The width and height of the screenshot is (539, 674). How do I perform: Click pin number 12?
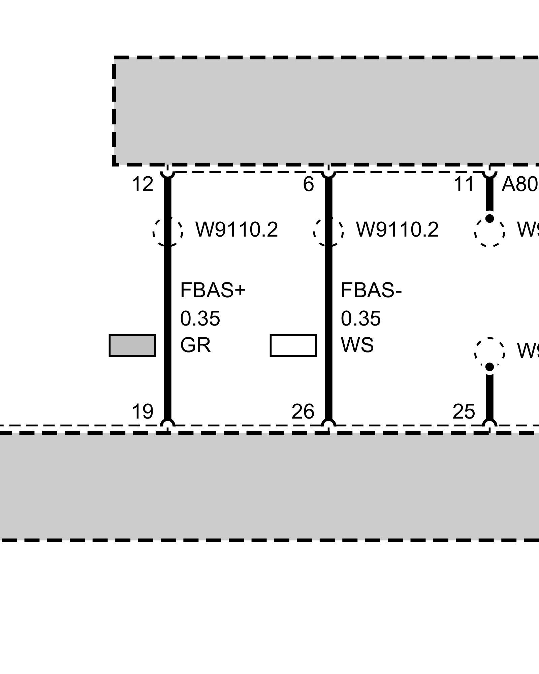[x=142, y=185]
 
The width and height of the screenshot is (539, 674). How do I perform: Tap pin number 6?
[x=308, y=185]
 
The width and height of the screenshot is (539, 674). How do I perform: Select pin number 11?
[x=464, y=185]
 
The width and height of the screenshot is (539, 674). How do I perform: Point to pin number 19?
[x=142, y=411]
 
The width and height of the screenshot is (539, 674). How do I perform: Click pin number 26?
[x=303, y=411]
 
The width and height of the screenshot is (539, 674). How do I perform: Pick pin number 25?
[x=464, y=411]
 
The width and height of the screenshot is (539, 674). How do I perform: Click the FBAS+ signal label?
[x=213, y=290]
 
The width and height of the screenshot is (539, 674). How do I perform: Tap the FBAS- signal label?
[x=371, y=290]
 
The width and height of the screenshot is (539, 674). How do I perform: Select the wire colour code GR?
[x=195, y=345]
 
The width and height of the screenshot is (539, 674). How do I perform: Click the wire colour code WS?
[x=357, y=345]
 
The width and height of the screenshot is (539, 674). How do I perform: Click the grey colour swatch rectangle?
[x=132, y=345]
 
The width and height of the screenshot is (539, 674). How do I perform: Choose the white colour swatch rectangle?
[x=293, y=345]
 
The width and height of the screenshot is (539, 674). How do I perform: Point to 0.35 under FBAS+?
[x=200, y=318]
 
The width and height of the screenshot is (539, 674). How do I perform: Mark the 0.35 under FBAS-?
[x=361, y=318]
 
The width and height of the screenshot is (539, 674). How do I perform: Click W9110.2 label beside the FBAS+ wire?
[x=237, y=230]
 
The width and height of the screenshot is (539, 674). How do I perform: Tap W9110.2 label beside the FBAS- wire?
[x=398, y=230]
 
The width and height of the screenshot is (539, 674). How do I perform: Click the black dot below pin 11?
[x=490, y=218]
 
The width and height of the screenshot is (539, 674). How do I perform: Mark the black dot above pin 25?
[x=490, y=367]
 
